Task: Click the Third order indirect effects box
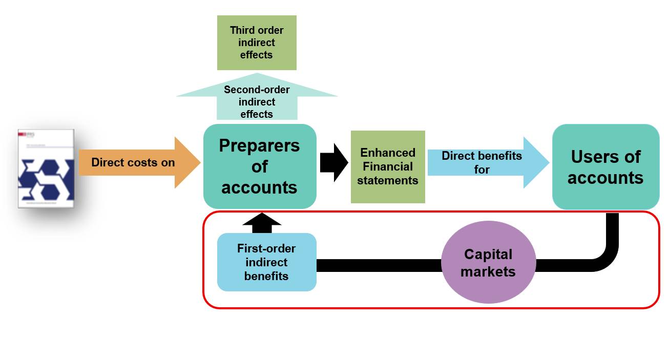tap(257, 43)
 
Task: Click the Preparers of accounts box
tap(260, 166)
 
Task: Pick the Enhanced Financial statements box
tap(388, 166)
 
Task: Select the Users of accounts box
tap(605, 167)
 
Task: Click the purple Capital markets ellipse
tap(488, 263)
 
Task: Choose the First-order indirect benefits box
tap(266, 262)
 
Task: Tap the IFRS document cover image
tap(46, 168)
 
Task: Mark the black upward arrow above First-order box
tap(262, 223)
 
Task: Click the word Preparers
tap(259, 145)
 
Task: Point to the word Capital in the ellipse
tap(488, 254)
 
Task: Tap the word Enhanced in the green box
tap(388, 153)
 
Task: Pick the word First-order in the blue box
tap(266, 248)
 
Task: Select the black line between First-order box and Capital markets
tap(379, 265)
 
